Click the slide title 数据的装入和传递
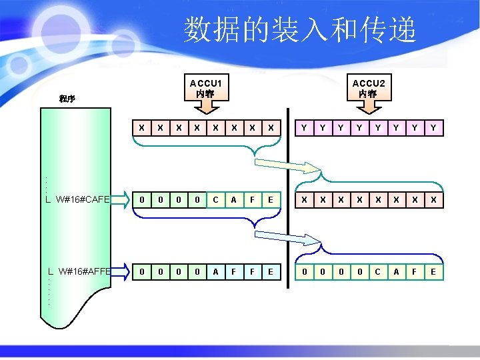(300, 30)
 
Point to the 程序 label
(67, 99)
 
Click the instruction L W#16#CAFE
(77, 199)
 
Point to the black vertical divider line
(289, 200)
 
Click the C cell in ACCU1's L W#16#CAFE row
(215, 199)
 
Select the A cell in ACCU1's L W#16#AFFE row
(215, 271)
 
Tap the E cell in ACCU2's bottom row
(433, 271)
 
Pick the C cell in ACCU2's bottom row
(378, 271)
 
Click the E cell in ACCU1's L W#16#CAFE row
(270, 199)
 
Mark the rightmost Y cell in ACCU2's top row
(433, 126)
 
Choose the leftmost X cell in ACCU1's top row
(141, 126)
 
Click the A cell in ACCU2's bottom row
(397, 271)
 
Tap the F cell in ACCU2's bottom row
(415, 271)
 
